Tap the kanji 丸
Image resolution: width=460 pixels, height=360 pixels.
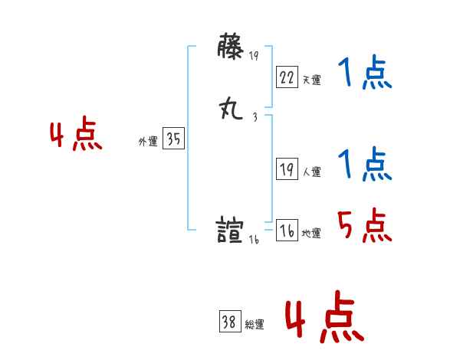(231, 110)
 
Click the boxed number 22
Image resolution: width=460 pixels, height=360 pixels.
(287, 77)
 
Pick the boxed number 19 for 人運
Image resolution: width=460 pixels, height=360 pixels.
(287, 169)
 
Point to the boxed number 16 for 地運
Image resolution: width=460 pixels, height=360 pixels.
(287, 231)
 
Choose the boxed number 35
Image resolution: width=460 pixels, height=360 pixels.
(173, 139)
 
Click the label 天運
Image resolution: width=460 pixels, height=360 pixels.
(311, 80)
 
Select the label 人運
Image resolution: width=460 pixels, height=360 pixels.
(311, 172)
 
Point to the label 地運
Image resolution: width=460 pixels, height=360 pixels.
(311, 234)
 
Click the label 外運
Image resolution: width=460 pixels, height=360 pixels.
(147, 142)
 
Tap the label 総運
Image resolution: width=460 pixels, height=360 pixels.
(255, 324)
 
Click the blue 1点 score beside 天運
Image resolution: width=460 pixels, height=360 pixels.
(365, 75)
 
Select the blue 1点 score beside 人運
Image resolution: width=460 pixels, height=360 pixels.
(365, 165)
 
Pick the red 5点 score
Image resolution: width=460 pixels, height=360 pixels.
(365, 225)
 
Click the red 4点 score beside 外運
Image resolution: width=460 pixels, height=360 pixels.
(76, 136)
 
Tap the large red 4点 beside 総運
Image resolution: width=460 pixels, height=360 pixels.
(324, 316)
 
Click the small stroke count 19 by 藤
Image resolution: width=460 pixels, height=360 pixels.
(255, 55)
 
